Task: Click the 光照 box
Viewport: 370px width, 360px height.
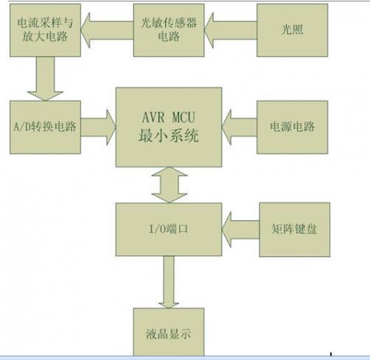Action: coord(292,30)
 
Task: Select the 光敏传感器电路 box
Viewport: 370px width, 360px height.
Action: coord(169,30)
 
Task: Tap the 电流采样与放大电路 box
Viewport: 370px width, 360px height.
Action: coord(45,30)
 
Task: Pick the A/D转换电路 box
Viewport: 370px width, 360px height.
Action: coord(45,127)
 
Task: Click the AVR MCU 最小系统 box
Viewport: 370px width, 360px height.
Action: coord(169,127)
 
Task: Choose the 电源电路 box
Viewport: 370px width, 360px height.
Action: coord(292,127)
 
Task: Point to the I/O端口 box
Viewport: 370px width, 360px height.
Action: coord(169,230)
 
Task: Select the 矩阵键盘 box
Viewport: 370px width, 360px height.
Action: coord(295,230)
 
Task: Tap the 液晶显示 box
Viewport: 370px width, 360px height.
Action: coord(169,332)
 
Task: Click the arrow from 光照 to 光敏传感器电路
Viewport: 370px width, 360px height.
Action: coord(231,30)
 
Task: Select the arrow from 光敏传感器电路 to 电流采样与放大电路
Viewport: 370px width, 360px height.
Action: coord(107,30)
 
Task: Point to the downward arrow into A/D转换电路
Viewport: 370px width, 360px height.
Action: coord(45,79)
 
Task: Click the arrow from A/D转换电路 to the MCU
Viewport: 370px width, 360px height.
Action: coord(98,127)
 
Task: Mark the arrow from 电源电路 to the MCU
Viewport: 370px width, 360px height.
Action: coord(239,127)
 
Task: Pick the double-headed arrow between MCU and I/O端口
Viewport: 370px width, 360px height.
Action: coord(169,185)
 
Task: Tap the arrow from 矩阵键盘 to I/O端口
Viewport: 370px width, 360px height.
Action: coord(240,230)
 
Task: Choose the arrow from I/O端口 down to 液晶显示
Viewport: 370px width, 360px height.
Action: coord(169,282)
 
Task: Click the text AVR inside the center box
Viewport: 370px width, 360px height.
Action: coord(153,117)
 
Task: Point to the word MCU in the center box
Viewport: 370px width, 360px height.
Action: coord(184,117)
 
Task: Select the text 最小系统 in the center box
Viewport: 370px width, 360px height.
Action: coord(169,136)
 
